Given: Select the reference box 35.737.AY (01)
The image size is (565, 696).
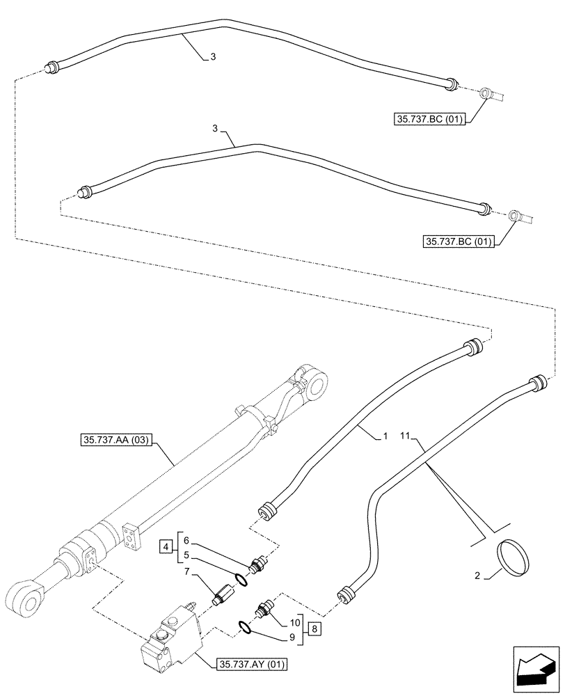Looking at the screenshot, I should (248, 663).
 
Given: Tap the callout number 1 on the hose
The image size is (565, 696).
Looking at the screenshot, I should (383, 437).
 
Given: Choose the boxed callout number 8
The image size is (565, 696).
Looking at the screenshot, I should (315, 628).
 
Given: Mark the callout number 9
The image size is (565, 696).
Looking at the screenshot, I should (293, 636).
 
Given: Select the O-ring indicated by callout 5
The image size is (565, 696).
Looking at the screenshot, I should (239, 580).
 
